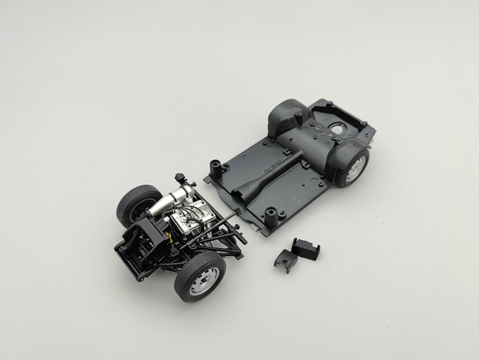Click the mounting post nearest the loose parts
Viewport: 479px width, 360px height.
coord(276,213)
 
